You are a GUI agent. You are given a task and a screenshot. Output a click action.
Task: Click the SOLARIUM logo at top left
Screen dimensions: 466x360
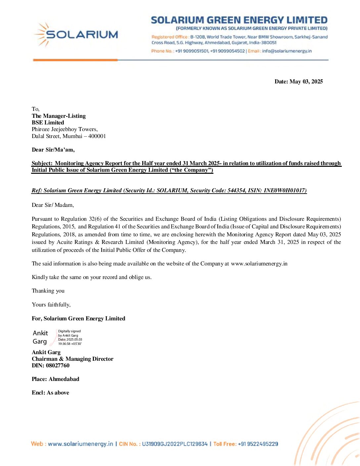(76, 34)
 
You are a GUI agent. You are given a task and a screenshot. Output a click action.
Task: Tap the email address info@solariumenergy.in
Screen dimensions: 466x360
(287, 51)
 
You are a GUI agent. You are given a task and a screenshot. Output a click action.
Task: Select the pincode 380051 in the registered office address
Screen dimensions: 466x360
(268, 43)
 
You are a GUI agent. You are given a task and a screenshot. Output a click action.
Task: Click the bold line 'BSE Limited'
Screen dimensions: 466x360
(48, 122)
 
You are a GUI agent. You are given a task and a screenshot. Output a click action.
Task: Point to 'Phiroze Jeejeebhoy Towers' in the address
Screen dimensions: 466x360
(64, 129)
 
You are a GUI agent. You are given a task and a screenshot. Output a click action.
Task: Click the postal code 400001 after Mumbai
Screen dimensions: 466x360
(97, 136)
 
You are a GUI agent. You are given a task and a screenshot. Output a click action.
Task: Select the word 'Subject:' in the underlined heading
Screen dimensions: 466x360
(42, 163)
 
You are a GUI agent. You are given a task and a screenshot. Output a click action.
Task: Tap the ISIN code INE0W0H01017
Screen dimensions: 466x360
(285, 191)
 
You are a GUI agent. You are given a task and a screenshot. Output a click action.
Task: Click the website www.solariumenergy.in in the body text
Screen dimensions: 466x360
(259, 264)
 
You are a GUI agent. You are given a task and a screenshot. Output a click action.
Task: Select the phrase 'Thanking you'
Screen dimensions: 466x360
(48, 291)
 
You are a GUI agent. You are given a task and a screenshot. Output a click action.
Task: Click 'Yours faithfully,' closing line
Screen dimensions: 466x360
(51, 305)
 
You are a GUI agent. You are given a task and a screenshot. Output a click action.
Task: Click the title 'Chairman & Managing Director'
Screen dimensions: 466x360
(72, 359)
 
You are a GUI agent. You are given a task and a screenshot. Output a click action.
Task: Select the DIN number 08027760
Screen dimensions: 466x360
(58, 366)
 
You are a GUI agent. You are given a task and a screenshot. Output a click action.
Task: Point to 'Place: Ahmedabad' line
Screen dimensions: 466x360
(55, 379)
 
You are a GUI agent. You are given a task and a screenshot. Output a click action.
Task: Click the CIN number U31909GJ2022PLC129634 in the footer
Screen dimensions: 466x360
(175, 444)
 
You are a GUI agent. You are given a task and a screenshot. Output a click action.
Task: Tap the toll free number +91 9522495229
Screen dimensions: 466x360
(258, 444)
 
